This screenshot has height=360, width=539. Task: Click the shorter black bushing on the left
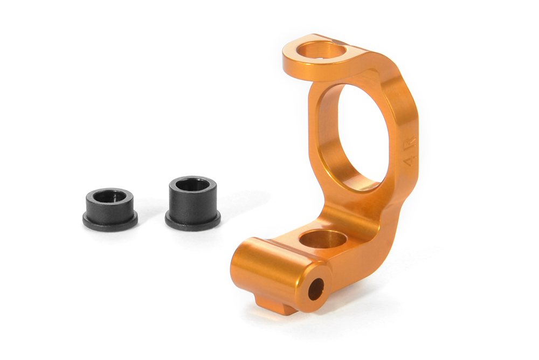click(x=110, y=209)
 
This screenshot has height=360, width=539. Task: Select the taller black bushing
click(x=192, y=202)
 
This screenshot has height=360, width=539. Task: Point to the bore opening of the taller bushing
click(x=192, y=185)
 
